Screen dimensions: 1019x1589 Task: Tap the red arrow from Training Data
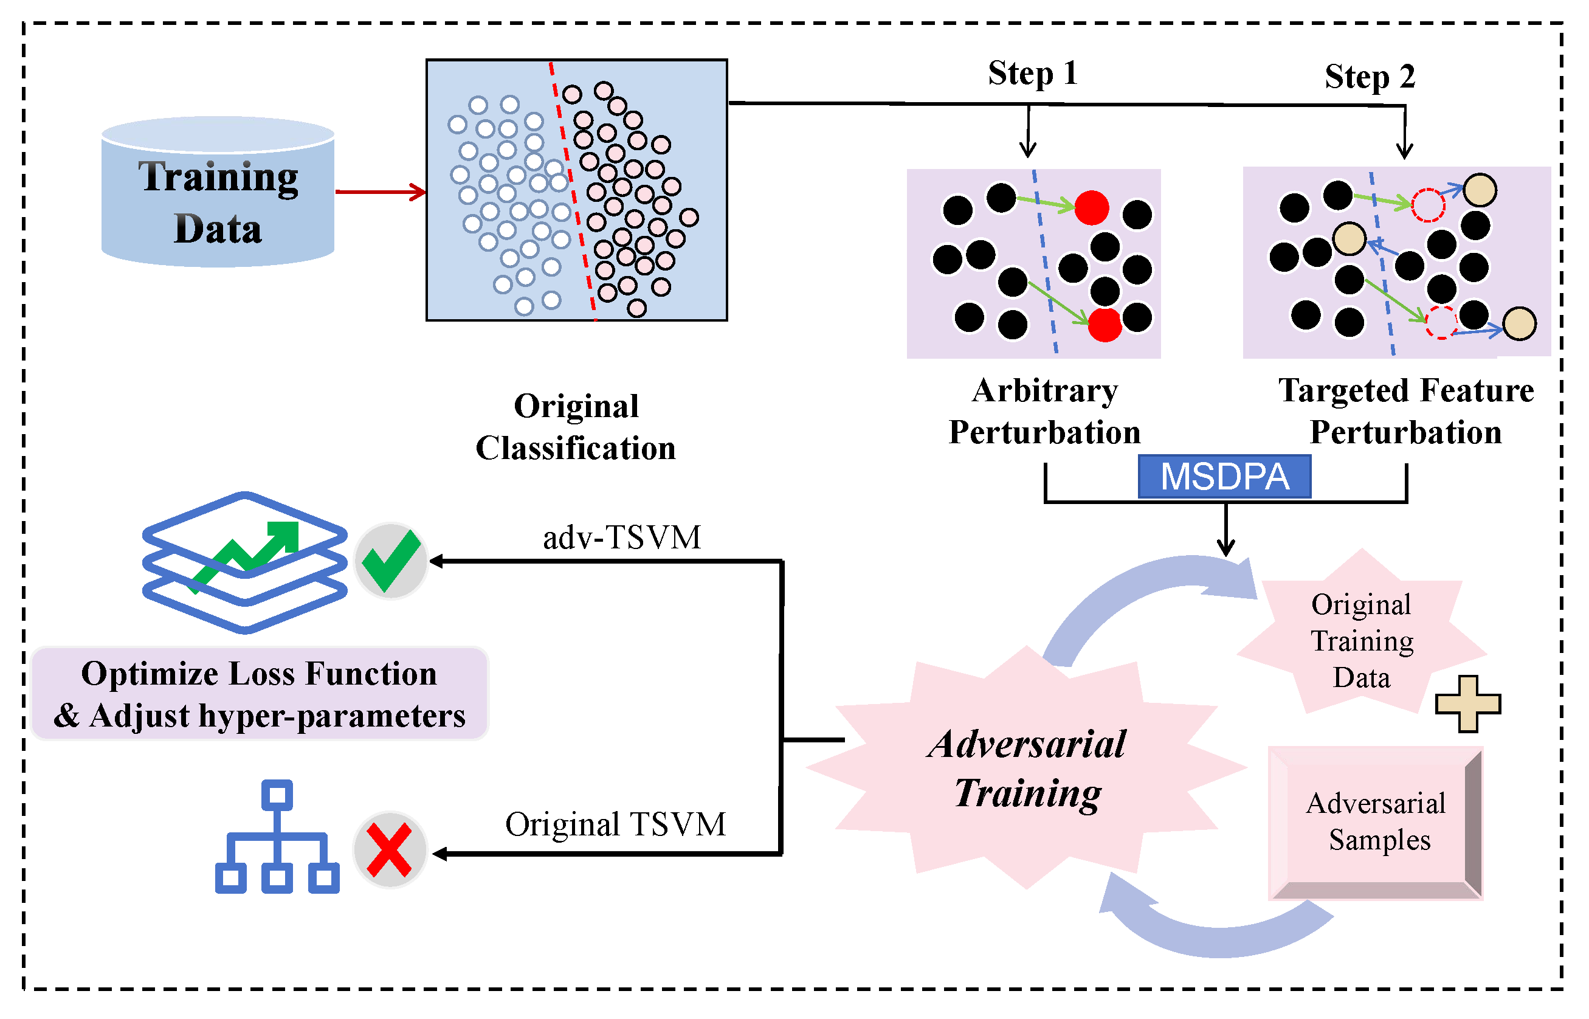381,192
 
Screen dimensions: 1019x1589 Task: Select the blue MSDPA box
1224,477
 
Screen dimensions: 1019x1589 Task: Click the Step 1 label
1033,74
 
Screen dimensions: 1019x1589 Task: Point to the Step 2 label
1370,77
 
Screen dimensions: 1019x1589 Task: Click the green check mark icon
391,561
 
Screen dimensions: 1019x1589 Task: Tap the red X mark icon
390,849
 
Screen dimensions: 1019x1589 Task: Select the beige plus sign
1467,704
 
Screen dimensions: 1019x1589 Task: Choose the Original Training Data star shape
1362,640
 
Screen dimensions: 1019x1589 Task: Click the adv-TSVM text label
621,537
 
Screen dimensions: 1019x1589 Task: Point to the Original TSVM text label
615,824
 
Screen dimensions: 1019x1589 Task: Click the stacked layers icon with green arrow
245,562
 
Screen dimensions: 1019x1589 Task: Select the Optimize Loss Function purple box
260,694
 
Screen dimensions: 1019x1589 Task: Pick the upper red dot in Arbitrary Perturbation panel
1092,208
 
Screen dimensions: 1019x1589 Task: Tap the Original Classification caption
576,427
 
